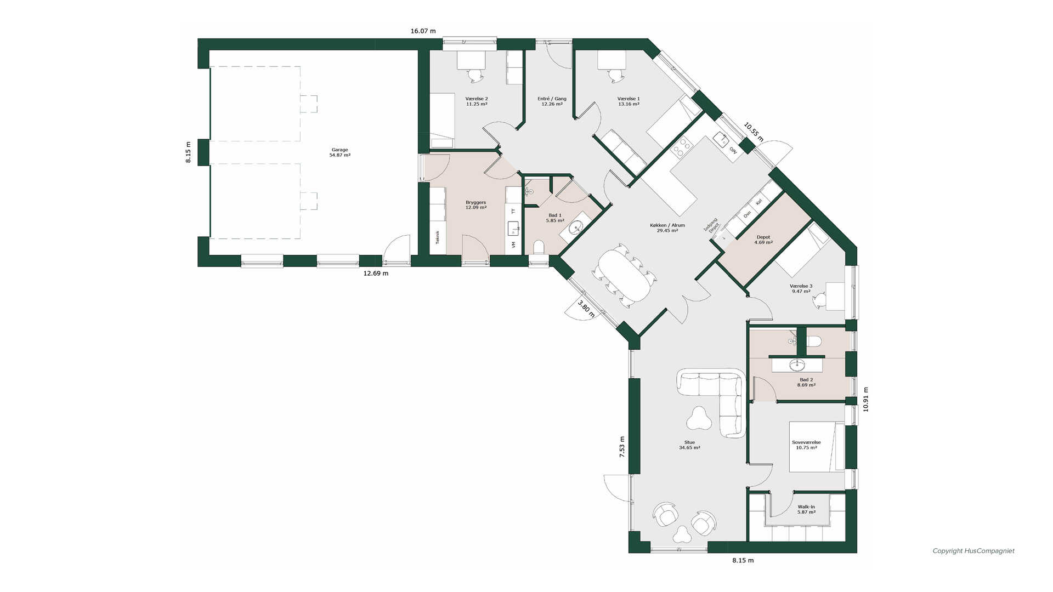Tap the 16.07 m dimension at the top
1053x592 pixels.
tap(423, 31)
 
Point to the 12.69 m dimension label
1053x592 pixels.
tap(376, 273)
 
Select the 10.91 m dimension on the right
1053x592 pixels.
tap(866, 400)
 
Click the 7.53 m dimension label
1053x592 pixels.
tap(622, 447)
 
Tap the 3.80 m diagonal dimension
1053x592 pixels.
tap(586, 308)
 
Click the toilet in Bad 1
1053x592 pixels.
tap(539, 247)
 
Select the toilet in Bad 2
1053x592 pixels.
tap(814, 341)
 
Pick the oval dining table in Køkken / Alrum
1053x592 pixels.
tap(624, 276)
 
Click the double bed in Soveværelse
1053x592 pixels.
tap(817, 446)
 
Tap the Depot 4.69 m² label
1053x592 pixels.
tap(763, 240)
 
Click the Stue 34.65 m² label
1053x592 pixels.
tap(689, 445)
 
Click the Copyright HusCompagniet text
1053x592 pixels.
tap(973, 551)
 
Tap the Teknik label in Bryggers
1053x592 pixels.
tap(438, 237)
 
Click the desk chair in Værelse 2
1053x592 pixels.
tap(475, 75)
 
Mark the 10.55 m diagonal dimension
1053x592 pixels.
tap(754, 132)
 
